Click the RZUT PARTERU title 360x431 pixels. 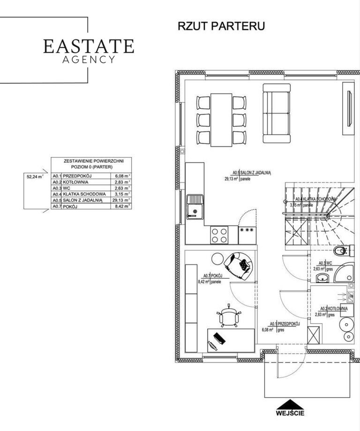click(221, 26)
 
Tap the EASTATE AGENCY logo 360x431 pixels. click(89, 51)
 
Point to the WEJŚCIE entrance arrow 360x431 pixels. click(290, 404)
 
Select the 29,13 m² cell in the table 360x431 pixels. click(121, 200)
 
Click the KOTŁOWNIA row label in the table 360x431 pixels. click(75, 182)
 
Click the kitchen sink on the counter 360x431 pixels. click(195, 207)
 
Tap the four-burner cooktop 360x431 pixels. click(219, 235)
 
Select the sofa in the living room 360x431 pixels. click(277, 113)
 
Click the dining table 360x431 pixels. click(222, 120)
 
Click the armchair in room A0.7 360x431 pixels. click(238, 265)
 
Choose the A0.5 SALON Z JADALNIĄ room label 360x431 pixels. click(252, 173)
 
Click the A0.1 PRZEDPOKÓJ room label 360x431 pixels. click(285, 324)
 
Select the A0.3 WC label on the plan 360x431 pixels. click(325, 263)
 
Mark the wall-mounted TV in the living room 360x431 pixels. click(350, 108)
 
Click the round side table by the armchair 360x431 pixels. click(218, 258)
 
